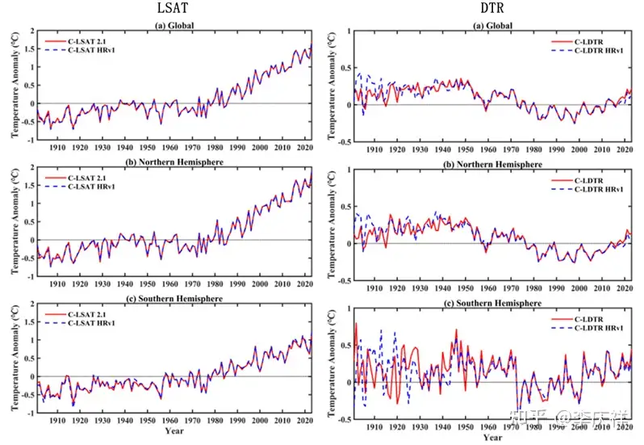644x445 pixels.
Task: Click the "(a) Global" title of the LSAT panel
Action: pyautogui.click(x=178, y=24)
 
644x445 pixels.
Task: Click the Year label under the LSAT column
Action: pyautogui.click(x=174, y=431)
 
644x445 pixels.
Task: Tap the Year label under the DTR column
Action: pyautogui.click(x=493, y=437)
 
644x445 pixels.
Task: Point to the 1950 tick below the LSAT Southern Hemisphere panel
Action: pyautogui.click(x=148, y=421)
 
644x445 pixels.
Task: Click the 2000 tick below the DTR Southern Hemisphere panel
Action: pyautogui.click(x=579, y=426)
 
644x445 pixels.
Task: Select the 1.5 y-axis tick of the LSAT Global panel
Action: pyautogui.click(x=29, y=49)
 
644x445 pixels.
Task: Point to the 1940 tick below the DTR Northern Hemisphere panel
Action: pyautogui.click(x=441, y=288)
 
